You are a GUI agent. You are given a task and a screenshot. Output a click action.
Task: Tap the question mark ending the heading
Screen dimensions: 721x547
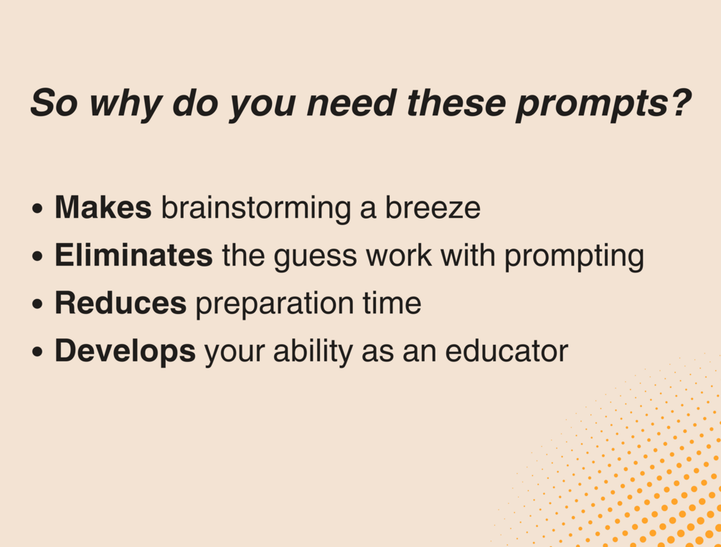(x=679, y=103)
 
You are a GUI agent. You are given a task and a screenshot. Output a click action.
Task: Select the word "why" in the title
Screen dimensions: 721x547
(x=125, y=105)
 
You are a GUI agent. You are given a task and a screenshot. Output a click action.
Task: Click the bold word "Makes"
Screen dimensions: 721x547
(x=103, y=207)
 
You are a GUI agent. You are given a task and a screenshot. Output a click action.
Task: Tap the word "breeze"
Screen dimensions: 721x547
(x=433, y=207)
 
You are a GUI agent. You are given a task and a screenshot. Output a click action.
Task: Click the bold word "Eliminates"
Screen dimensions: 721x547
(x=134, y=255)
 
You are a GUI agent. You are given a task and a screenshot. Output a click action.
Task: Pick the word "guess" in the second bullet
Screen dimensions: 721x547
(x=315, y=258)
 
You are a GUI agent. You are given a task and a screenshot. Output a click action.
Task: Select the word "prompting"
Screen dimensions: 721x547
(x=575, y=257)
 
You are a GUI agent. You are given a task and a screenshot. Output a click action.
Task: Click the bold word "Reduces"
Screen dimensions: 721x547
(x=121, y=303)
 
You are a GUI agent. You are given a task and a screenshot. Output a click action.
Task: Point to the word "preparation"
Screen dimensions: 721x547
(x=275, y=305)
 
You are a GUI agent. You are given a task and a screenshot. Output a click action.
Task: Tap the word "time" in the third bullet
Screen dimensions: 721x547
(x=392, y=303)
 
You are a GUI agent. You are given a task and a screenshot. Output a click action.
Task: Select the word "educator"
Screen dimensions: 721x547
(x=506, y=351)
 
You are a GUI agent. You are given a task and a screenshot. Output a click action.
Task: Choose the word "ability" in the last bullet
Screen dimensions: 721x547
(x=313, y=353)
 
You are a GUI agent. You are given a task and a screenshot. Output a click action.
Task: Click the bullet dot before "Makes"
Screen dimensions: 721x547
(x=38, y=208)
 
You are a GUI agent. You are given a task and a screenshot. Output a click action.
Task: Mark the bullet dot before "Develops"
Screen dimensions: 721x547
(x=38, y=351)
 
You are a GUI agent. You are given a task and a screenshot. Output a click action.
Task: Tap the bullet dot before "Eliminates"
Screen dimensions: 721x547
(x=38, y=256)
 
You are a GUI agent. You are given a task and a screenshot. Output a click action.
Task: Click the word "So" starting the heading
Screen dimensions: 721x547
(x=54, y=103)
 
